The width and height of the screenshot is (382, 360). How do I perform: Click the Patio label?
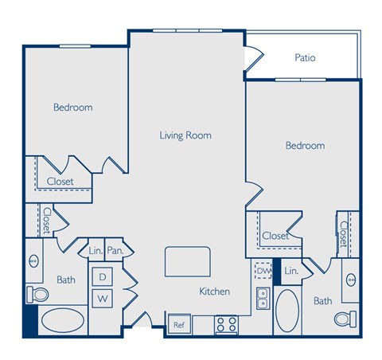point(306,57)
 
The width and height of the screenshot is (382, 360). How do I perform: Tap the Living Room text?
point(185,135)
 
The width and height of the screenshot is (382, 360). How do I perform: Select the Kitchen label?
point(214,292)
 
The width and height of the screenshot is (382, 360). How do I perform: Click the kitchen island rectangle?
point(188,260)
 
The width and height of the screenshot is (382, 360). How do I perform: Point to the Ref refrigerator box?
point(178,324)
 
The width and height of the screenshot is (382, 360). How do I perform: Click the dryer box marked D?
point(103,277)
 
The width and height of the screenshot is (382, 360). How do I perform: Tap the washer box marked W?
point(103,299)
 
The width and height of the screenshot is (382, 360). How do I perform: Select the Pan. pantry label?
point(115,250)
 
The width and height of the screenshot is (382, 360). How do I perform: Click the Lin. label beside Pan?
point(95,250)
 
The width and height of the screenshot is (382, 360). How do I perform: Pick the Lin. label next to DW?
point(291,272)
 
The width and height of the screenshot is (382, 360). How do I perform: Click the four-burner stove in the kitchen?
point(226,324)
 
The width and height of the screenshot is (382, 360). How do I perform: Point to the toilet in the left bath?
point(37,295)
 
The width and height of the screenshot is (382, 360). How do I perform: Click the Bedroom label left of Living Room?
point(73,108)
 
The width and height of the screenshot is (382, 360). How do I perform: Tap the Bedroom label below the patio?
point(306,146)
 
